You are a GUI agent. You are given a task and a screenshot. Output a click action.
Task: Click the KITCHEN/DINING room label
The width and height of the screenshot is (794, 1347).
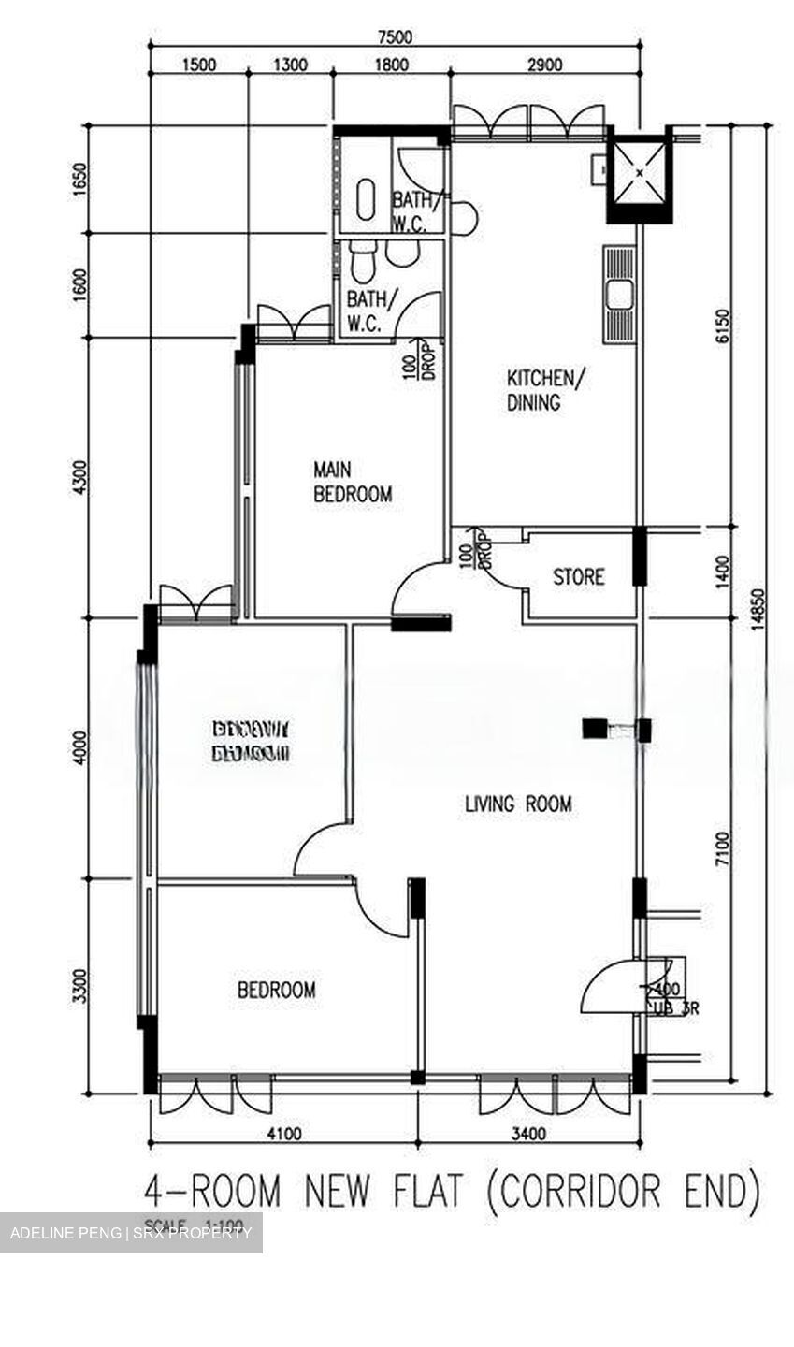pyautogui.click(x=546, y=390)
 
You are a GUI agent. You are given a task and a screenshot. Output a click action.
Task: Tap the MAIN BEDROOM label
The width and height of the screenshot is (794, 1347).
pyautogui.click(x=352, y=482)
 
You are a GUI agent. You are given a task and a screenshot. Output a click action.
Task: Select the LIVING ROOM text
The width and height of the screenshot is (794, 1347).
pyautogui.click(x=518, y=804)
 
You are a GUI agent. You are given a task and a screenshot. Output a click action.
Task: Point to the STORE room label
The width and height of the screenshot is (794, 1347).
pyautogui.click(x=578, y=576)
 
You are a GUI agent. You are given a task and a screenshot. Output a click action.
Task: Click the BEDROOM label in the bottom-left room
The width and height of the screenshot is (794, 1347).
pyautogui.click(x=276, y=990)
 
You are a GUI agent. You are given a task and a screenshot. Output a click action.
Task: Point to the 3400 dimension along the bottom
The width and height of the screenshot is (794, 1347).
pyautogui.click(x=528, y=1135)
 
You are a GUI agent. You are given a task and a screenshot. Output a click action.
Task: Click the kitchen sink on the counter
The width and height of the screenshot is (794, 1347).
pyautogui.click(x=618, y=296)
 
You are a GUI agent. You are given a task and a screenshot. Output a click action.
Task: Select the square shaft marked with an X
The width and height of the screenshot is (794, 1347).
pyautogui.click(x=640, y=174)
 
